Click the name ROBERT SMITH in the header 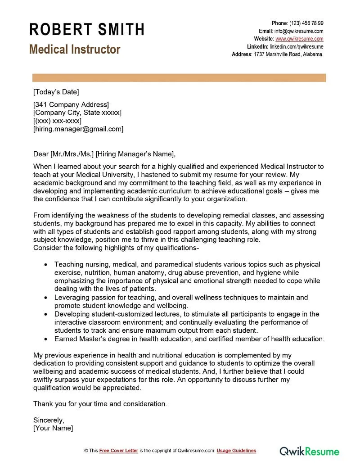coord(87,29)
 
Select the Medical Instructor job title coord(75,49)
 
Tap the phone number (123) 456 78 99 coord(306,23)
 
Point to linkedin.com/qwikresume coord(296,46)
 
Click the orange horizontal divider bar coord(179,78)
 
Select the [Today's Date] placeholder coord(56,92)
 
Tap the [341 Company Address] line coord(71,104)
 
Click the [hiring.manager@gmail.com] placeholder coord(78,129)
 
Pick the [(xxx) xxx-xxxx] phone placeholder coord(57,121)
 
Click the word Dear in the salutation coord(41,153)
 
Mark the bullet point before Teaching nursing coord(45,265)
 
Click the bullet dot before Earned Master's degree coord(45,339)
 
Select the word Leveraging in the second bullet coord(72,297)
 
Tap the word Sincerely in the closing coord(49,420)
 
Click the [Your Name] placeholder coord(53,428)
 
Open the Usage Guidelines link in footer coord(236,451)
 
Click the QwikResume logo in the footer coord(310,451)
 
